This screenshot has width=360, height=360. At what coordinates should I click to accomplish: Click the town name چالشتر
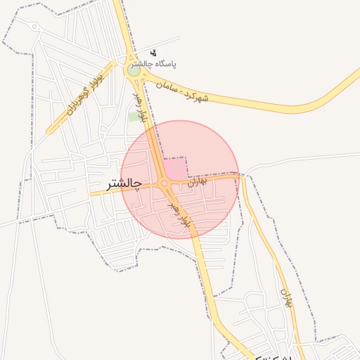(124, 184)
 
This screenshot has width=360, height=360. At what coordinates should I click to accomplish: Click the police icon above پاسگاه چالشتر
(154, 53)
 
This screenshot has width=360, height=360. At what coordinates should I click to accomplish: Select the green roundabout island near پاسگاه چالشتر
(134, 70)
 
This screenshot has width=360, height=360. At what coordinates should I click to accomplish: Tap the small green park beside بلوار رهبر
(134, 116)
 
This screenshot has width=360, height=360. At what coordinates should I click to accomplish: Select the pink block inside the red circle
(176, 169)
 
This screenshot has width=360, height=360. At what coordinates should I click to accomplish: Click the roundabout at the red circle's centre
(165, 184)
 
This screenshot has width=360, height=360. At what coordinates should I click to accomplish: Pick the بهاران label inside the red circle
(199, 181)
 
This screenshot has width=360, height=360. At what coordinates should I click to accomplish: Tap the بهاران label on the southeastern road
(285, 297)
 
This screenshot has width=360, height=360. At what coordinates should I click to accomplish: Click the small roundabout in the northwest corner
(34, 27)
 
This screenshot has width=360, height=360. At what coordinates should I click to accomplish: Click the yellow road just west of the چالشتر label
(97, 192)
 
